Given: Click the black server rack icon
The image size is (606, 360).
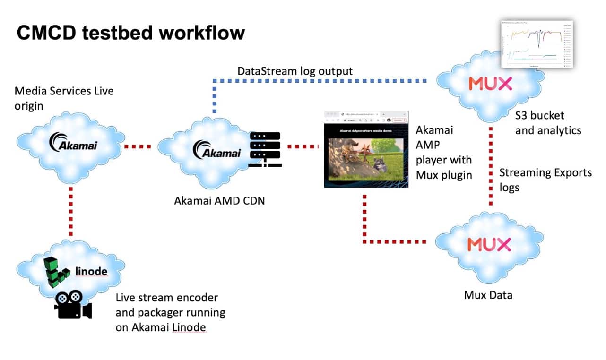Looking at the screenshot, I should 264,149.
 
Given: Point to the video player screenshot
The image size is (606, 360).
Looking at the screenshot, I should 366,149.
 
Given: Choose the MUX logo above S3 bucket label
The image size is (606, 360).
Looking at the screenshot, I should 490,84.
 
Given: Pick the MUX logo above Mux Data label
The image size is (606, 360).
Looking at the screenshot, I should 489,244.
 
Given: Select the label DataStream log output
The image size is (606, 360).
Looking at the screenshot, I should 295,71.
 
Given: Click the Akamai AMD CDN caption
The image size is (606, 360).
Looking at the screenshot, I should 219,200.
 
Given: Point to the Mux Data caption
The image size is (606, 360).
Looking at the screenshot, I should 488,295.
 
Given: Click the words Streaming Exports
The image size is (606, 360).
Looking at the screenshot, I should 545,172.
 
